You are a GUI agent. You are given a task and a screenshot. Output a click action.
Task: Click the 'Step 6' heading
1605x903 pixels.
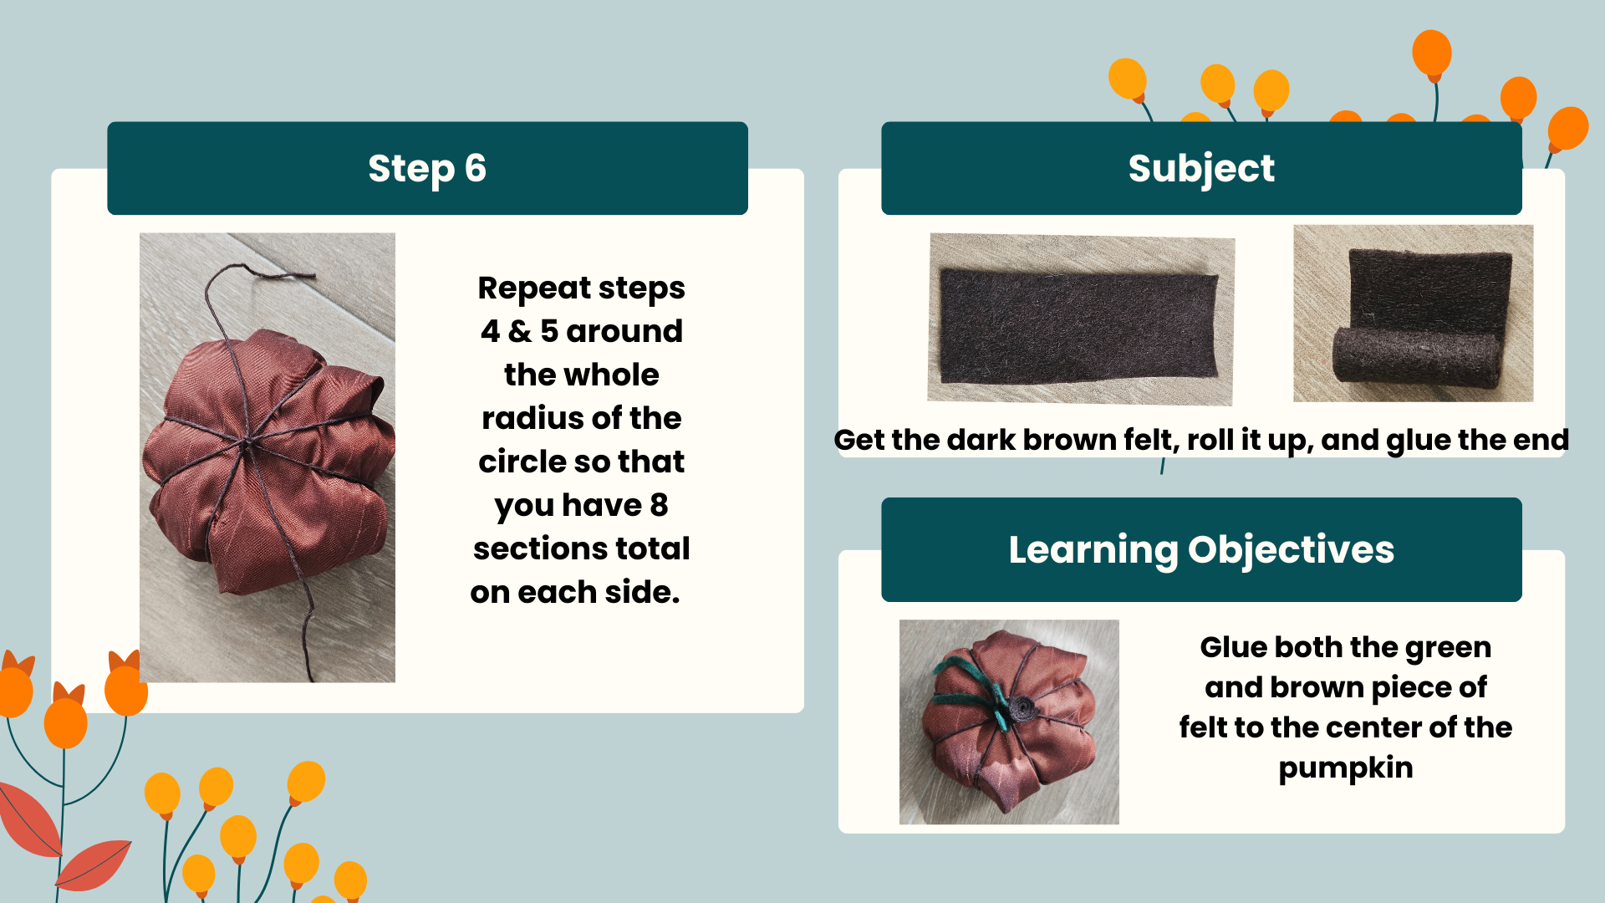[427, 168]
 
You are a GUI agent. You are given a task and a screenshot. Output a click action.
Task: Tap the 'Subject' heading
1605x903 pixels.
[1201, 168]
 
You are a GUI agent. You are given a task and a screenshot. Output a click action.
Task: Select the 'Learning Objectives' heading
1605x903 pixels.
[1201, 549]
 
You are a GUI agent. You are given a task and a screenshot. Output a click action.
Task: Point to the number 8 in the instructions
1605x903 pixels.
[659, 504]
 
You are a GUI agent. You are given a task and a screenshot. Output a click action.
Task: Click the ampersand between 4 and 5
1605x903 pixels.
[519, 331]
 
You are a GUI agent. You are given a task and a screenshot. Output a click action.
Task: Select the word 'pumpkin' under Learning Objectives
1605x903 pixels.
[1346, 768]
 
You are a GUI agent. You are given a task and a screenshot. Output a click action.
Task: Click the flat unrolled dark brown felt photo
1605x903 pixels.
[1080, 319]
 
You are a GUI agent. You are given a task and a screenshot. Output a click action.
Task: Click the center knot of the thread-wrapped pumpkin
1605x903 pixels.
[246, 447]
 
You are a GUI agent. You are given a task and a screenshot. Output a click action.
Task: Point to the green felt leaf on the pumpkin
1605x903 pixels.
[970, 686]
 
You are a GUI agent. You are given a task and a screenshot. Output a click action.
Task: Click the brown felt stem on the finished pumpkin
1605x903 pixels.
[1021, 709]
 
